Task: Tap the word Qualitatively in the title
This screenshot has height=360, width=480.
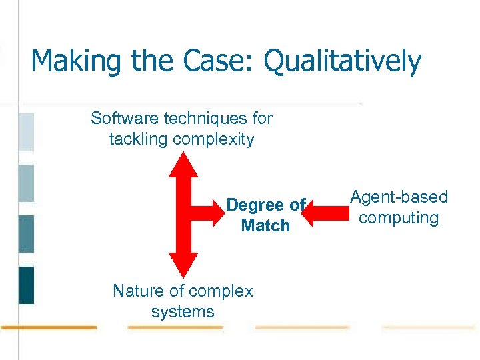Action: (x=343, y=62)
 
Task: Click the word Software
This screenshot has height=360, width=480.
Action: (x=124, y=119)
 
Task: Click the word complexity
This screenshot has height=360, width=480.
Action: (x=213, y=139)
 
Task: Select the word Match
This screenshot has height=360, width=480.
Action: (x=265, y=225)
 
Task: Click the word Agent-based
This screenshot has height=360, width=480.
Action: (x=399, y=197)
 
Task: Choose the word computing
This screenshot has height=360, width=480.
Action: (x=399, y=218)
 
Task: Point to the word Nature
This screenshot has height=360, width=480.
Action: (x=139, y=291)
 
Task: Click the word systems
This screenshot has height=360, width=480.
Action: (x=183, y=312)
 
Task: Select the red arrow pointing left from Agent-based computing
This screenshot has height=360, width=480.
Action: (x=327, y=213)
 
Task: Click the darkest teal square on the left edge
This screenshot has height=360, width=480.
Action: (x=26, y=285)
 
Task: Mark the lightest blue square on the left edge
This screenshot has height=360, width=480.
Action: (x=26, y=132)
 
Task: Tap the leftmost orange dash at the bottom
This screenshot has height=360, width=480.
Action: (x=48, y=327)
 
